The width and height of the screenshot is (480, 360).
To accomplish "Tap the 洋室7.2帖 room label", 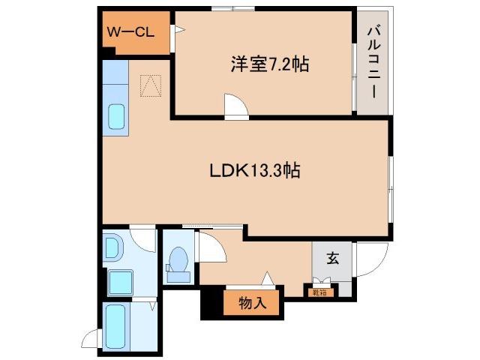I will click(268, 64).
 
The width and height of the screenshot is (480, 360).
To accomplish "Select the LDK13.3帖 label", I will click(254, 171).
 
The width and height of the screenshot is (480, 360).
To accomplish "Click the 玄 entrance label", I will click(332, 259).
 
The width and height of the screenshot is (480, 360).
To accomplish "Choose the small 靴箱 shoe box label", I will click(318, 292).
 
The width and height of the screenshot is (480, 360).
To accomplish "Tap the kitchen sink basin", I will click(118, 117).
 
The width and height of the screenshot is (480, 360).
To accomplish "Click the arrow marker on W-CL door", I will click(179, 30).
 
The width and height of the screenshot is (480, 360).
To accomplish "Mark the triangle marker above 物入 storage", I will click(266, 279).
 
